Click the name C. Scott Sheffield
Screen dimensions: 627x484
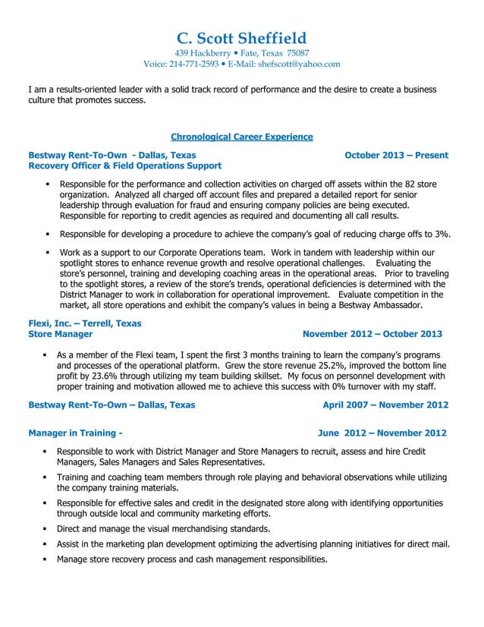pos(241,38)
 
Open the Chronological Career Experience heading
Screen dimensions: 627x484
pos(241,137)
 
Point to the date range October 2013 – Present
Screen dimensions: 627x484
pos(396,155)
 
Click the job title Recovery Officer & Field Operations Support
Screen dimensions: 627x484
pos(124,165)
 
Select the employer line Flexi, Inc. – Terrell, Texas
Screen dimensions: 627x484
pos(84,323)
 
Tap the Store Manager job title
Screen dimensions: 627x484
pos(61,334)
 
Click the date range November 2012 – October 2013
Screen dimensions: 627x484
pos(372,334)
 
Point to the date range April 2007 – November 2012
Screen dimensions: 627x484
pos(385,405)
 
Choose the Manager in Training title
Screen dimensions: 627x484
pos(75,433)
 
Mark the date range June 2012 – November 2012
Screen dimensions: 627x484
pos(382,433)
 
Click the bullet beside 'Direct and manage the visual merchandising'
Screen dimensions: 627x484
pos(46,529)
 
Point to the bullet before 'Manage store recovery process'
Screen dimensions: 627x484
pos(46,560)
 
